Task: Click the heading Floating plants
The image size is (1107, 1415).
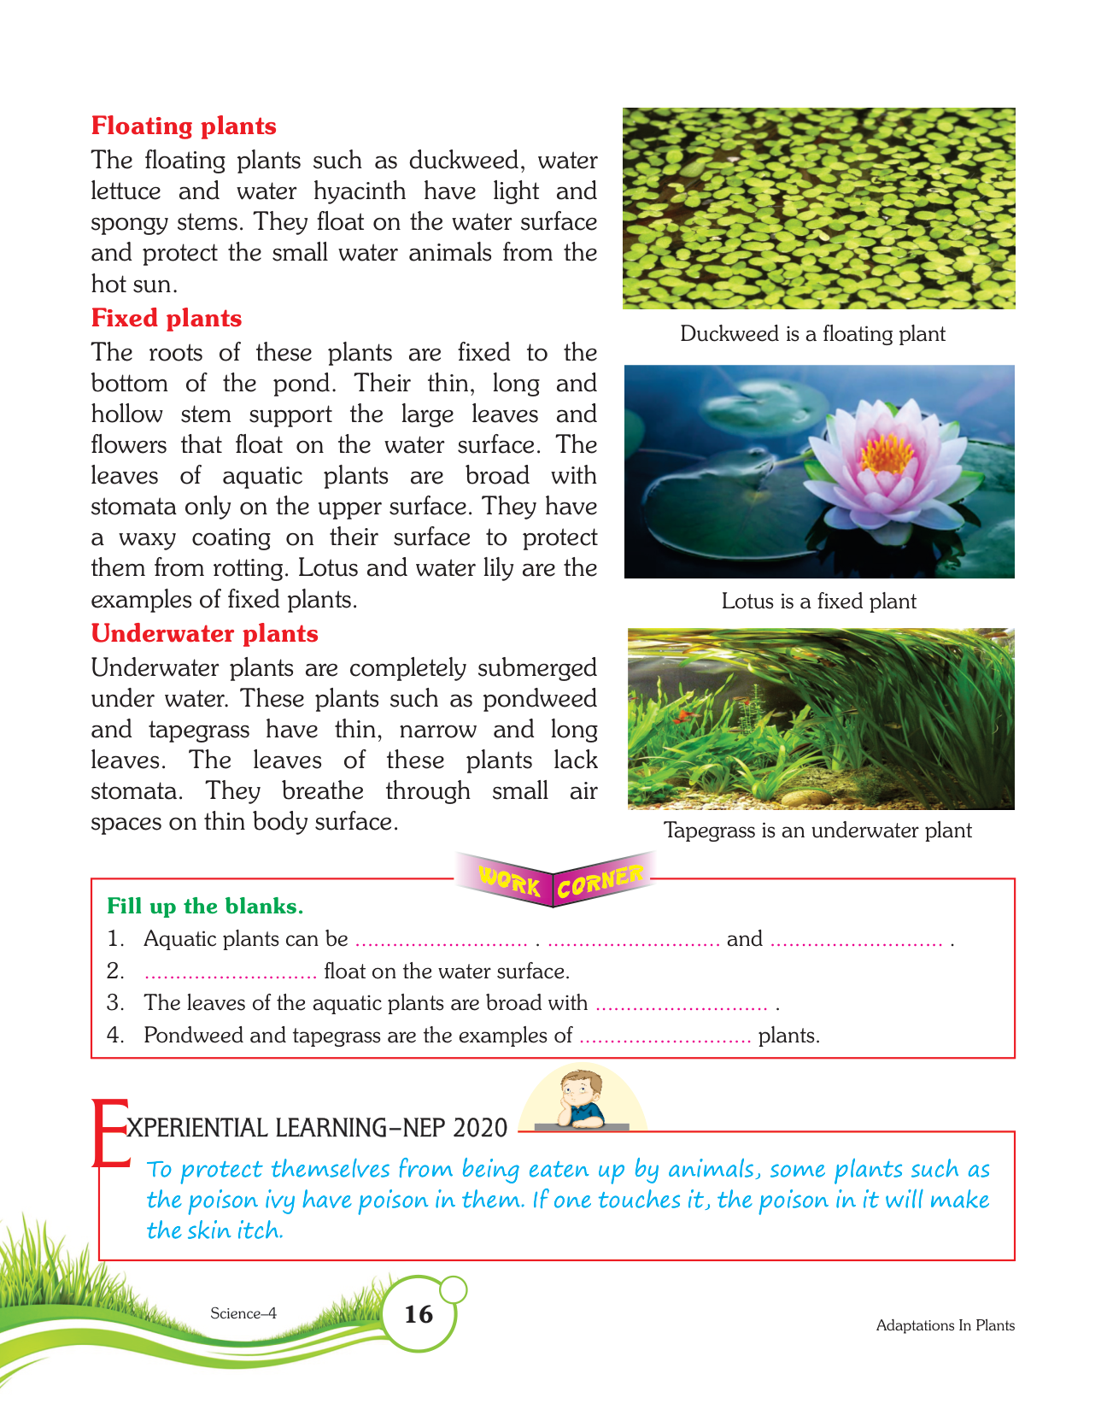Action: coord(184,126)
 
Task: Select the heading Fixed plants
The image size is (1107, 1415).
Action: coord(167,318)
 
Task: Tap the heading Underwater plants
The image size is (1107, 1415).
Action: coord(204,633)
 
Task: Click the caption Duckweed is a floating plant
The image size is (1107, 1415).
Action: coord(812,334)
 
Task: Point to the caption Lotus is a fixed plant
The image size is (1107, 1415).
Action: coord(818,602)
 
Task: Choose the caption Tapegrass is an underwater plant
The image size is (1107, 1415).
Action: coord(817,831)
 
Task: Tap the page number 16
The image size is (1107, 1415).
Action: coord(419,1313)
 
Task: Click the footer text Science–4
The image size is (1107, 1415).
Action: coord(243,1313)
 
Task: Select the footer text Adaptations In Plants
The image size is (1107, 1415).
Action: coord(945,1325)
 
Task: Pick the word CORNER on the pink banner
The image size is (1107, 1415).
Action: coord(600,882)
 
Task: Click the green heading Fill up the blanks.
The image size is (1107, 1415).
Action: coord(205,906)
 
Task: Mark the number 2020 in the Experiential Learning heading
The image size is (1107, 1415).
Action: coord(480,1128)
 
